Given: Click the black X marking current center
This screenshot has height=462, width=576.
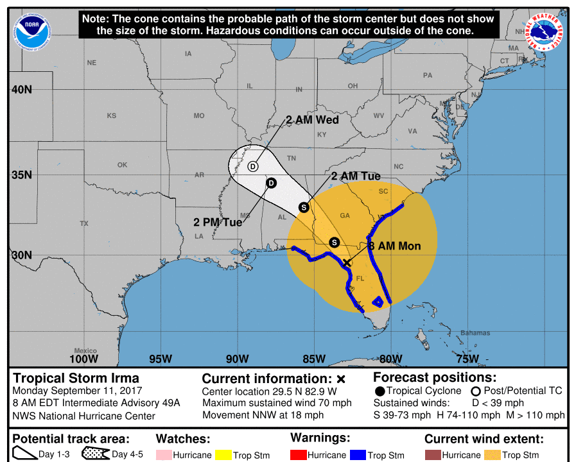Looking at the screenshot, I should coord(347,263).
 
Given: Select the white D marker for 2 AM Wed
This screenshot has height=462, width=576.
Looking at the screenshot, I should coord(252,166).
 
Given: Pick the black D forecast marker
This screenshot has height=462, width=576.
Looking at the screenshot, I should coord(271,183).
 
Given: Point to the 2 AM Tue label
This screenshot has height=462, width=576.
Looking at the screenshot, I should coord(356,176).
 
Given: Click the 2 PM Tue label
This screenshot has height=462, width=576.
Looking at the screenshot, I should coord(218,222).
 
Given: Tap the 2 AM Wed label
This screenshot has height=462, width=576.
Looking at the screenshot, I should coord(312,120).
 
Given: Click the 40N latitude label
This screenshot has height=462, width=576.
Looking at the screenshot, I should coord(21,89).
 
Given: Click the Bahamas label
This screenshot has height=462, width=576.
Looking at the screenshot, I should coord(475,333).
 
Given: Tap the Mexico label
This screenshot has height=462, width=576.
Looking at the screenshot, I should coord(85,350).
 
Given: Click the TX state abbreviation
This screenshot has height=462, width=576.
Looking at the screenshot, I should coord(84,223).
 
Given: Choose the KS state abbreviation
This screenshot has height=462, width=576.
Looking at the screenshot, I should coord(112,116).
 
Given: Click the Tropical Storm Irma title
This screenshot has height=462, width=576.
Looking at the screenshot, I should coord(76,378).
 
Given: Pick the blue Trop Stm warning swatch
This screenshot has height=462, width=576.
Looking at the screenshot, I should coord(358,455).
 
